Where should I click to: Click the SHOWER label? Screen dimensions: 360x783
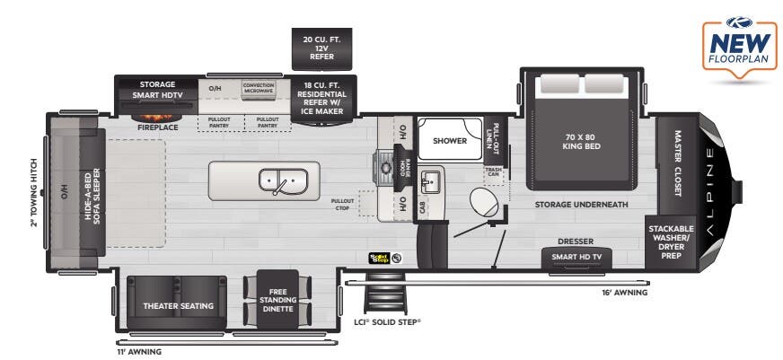coord(449,141)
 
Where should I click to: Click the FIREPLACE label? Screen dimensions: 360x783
coord(157,127)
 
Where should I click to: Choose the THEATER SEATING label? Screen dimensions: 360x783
coord(179,306)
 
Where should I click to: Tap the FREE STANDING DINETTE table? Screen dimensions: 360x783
coord(277,300)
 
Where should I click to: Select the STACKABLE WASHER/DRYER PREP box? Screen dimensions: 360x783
coord(671,241)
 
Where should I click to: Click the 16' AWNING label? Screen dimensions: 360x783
coord(625,293)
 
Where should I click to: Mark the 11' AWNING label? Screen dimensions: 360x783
coord(139,351)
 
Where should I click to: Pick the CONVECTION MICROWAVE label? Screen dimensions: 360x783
coord(259,89)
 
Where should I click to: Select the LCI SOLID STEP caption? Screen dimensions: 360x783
coord(387,320)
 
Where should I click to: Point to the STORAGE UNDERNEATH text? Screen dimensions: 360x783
coord(581,205)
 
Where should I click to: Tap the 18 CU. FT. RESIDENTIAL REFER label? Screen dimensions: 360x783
coord(323,98)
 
